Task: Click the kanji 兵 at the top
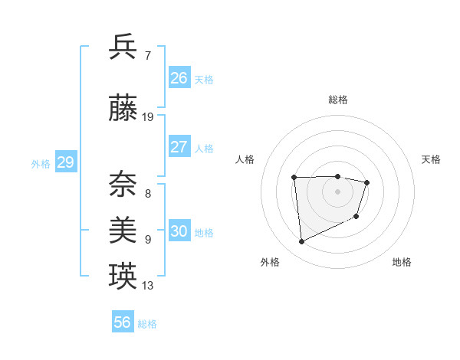pos(123,47)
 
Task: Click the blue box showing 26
pos(179,78)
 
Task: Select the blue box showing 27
pos(179,146)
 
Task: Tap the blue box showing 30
pos(179,231)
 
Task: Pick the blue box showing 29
pos(65,162)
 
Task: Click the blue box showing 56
pos(123,322)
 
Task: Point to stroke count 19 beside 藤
pos(148,117)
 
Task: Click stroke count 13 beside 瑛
pos(148,286)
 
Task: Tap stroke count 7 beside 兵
pos(147,55)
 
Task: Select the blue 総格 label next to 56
pos(147,324)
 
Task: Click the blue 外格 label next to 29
pos(41,164)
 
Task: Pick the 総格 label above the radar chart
pos(337,100)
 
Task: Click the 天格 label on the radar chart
pos(432,159)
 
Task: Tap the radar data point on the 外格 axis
pos(302,242)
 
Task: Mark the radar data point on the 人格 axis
pos(294,178)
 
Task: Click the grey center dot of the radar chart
pos(337,191)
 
